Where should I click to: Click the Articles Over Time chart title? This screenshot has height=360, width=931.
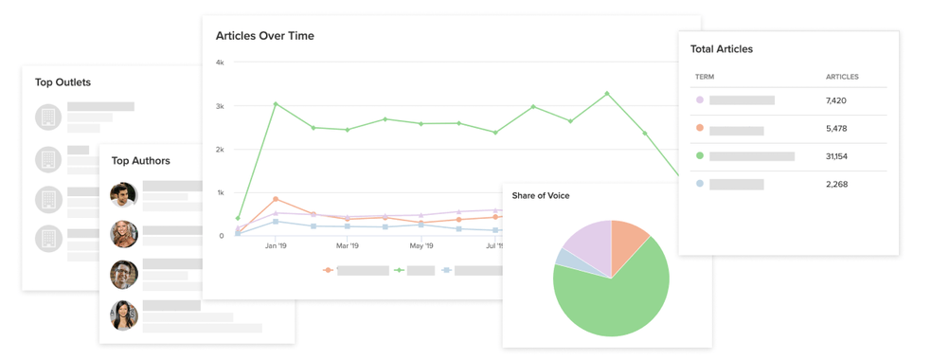tap(264, 36)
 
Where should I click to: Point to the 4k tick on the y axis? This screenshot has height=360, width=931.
tap(220, 63)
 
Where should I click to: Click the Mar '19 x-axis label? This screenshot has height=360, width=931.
tap(348, 246)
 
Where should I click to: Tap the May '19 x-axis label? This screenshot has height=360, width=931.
tap(421, 246)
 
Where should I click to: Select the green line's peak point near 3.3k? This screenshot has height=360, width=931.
tap(607, 94)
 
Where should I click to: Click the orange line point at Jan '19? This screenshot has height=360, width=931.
tap(276, 200)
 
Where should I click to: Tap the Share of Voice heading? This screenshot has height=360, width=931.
tap(541, 196)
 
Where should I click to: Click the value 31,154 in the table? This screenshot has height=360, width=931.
tap(836, 156)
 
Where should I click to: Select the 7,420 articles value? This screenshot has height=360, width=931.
tap(835, 100)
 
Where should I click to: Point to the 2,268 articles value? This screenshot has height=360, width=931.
tap(836, 185)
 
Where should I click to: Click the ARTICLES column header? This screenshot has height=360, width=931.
tap(842, 77)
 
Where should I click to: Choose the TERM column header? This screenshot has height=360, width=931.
tap(705, 77)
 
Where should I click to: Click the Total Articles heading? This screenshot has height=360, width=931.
tap(722, 49)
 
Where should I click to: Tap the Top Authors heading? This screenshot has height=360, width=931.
tap(141, 161)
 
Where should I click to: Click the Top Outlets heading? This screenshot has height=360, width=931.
tap(63, 82)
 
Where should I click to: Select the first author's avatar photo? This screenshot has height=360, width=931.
tap(124, 195)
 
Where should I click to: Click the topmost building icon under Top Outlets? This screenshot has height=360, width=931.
tap(48, 117)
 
